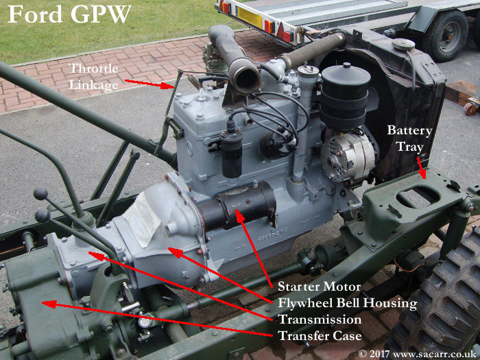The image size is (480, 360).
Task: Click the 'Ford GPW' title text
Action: coord(69,14)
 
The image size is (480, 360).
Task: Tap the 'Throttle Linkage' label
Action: coord(94,77)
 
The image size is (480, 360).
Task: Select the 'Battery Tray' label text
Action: coord(409,139)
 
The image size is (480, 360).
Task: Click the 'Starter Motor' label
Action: coord(320,287)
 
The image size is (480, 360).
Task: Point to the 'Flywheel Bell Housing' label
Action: coord(348,303)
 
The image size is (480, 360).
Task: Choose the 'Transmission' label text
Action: coord(320,320)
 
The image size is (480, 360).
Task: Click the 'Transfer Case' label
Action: coord(320,336)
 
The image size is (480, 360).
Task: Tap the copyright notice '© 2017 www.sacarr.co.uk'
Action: coord(417,354)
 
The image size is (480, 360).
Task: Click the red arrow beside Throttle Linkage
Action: coord(149,84)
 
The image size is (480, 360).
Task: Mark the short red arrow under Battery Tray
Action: coord(421,167)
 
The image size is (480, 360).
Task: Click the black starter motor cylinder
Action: coord(237,204)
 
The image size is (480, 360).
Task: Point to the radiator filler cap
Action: coord(403,45)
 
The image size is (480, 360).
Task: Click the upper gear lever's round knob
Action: coord(40,194)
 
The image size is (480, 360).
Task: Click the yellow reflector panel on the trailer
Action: coord(250,16)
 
